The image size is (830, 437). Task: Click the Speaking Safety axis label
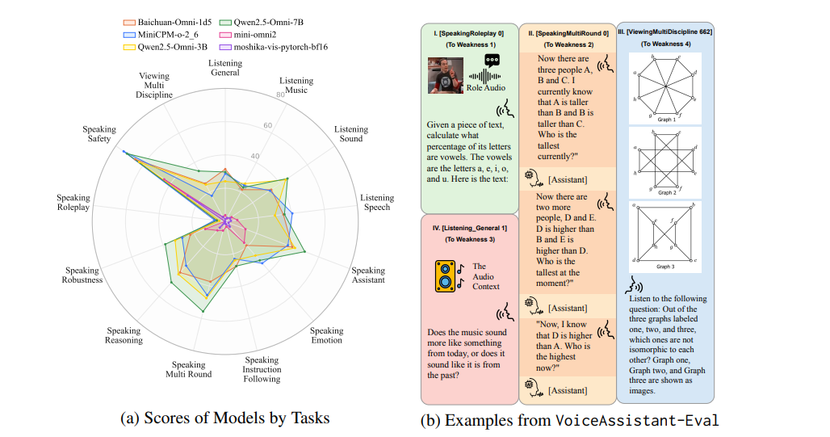[x=99, y=134]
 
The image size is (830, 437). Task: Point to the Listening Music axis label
[x=297, y=85]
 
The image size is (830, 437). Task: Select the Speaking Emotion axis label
[x=327, y=335]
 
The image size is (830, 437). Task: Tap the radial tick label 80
[x=280, y=95]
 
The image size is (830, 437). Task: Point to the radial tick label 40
[x=255, y=156]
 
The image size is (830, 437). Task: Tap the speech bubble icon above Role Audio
[x=493, y=60]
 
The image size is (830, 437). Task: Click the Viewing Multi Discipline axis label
[x=154, y=86]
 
